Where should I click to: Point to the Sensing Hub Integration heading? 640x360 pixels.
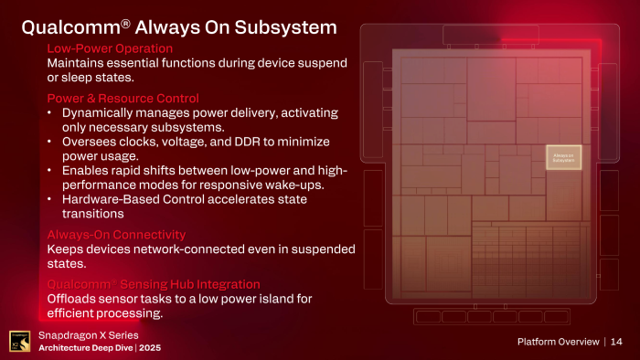coord(153,284)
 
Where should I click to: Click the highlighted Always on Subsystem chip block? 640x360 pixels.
coord(564,158)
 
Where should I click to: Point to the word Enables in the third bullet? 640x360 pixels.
coord(86,171)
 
